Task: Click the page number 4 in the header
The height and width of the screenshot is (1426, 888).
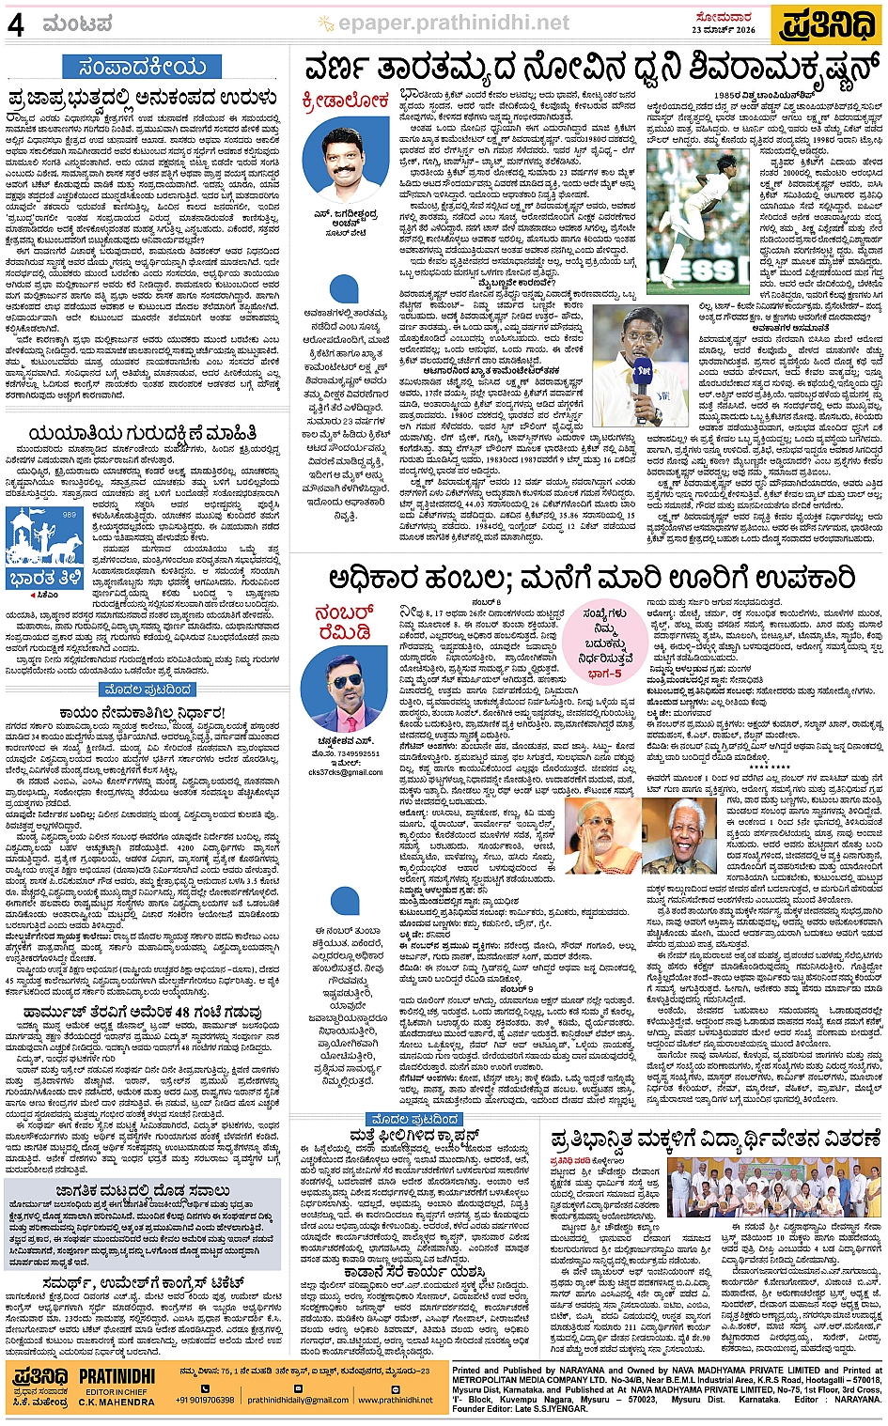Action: tap(16, 23)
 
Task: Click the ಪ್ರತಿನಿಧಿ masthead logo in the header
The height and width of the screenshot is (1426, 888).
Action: tap(828, 23)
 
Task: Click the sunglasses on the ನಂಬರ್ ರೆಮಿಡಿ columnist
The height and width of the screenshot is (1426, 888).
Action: tap(346, 681)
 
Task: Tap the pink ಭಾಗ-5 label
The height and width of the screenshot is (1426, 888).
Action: tap(604, 674)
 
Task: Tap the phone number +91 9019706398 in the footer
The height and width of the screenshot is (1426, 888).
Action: tap(205, 1400)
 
